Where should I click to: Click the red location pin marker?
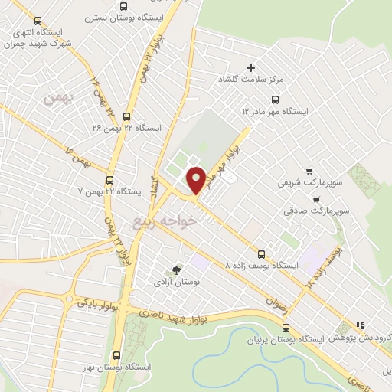[196, 180]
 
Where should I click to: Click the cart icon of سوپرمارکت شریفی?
[309, 171]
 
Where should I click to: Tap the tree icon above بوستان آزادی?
[177, 270]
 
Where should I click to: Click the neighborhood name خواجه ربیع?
[165, 221]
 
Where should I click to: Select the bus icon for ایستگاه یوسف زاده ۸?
[262, 253]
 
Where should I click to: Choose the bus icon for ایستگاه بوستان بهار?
[116, 355]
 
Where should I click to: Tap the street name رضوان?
[273, 302]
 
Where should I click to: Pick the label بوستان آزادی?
[177, 283]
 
